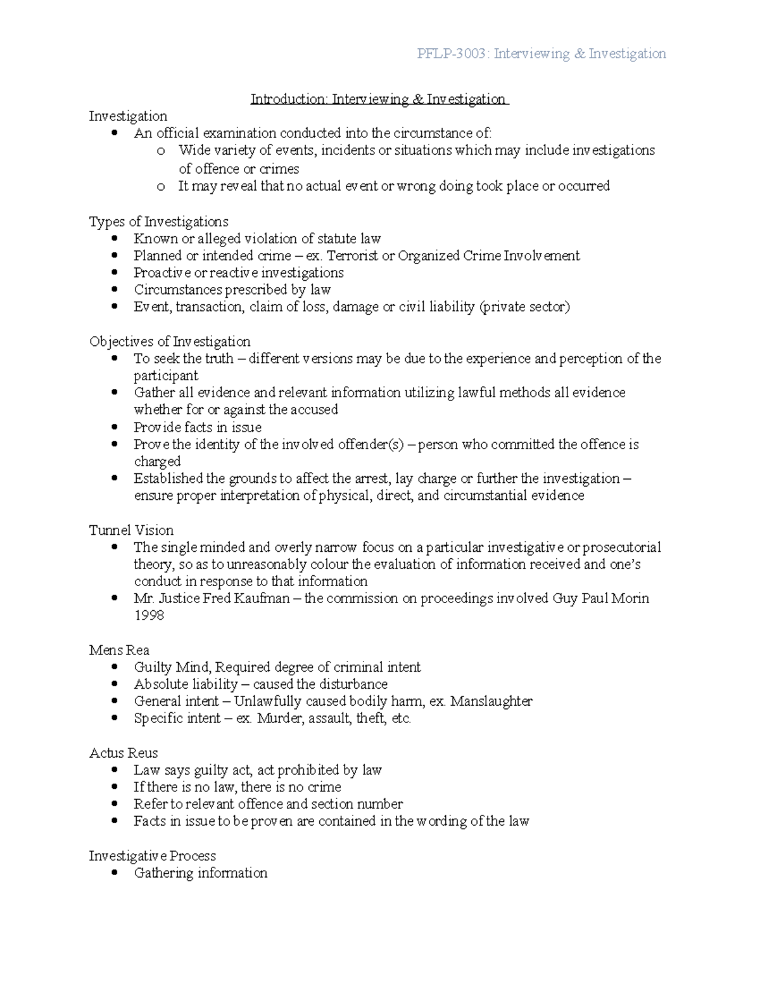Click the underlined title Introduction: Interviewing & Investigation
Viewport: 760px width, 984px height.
(x=378, y=99)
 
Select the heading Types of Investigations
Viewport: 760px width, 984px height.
(x=158, y=222)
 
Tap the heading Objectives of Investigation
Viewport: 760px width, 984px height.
(x=170, y=342)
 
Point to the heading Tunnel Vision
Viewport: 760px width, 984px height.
(x=131, y=530)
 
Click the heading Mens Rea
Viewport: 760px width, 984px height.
(x=119, y=650)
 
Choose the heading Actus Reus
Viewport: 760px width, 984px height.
(x=123, y=753)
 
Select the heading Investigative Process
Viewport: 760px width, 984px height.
(x=152, y=856)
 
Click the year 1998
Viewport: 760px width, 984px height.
(x=149, y=615)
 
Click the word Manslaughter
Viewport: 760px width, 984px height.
(x=491, y=701)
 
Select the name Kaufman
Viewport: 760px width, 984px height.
(x=262, y=599)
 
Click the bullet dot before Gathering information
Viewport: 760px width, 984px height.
(x=114, y=873)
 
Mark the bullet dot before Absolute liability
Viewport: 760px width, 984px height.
(x=114, y=684)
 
